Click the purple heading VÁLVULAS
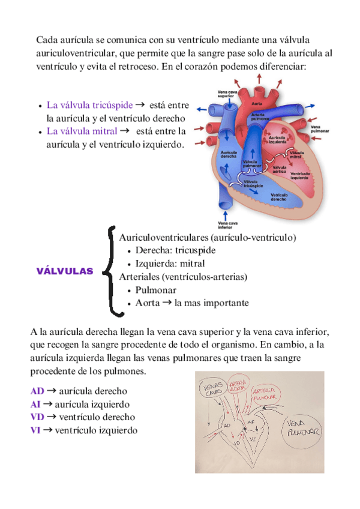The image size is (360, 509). tap(65, 271)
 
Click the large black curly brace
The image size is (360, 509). tap(111, 271)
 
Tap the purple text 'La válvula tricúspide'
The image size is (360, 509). tap(89, 106)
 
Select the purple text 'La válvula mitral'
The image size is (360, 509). tap(81, 130)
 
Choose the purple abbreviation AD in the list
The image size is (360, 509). tap(37, 391)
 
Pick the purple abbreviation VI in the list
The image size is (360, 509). tap(36, 430)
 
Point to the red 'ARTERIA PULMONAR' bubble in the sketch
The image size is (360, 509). tap(265, 393)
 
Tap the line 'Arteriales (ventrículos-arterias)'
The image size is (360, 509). tap(183, 277)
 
